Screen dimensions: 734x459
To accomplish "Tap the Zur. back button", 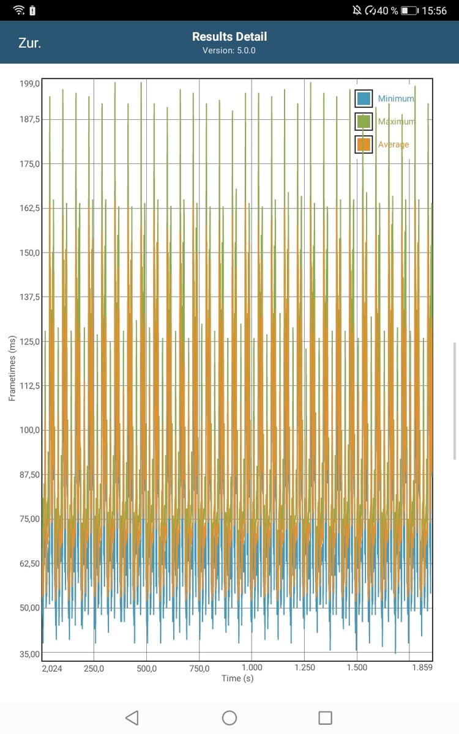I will (x=30, y=43).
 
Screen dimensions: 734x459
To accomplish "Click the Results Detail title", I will (x=229, y=37).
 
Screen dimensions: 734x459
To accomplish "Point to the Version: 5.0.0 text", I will (x=229, y=50).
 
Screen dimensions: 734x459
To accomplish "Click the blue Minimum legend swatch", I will (x=364, y=98).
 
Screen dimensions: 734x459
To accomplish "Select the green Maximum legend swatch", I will (x=364, y=122).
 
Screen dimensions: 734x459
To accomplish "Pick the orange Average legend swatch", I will (x=364, y=144).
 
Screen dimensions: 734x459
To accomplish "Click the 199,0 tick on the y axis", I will (x=30, y=83).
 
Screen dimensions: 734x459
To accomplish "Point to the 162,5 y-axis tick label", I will (x=30, y=208).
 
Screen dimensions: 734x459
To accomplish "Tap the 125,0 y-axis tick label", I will (x=30, y=341).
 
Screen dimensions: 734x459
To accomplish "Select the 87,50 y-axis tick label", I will (x=30, y=475).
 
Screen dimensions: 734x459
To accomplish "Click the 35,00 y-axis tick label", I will (x=30, y=654).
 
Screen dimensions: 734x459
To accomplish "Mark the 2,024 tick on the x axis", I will (x=52, y=669).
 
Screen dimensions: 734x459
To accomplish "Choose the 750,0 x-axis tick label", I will (x=200, y=669).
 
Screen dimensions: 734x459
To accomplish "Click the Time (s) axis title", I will (x=237, y=678).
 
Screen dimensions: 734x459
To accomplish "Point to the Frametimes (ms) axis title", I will (x=12, y=368).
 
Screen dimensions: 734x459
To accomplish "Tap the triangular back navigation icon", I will (x=132, y=717).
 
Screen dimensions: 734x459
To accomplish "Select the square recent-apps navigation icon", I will (x=326, y=717).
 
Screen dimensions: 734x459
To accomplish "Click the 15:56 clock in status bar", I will (x=435, y=10).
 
